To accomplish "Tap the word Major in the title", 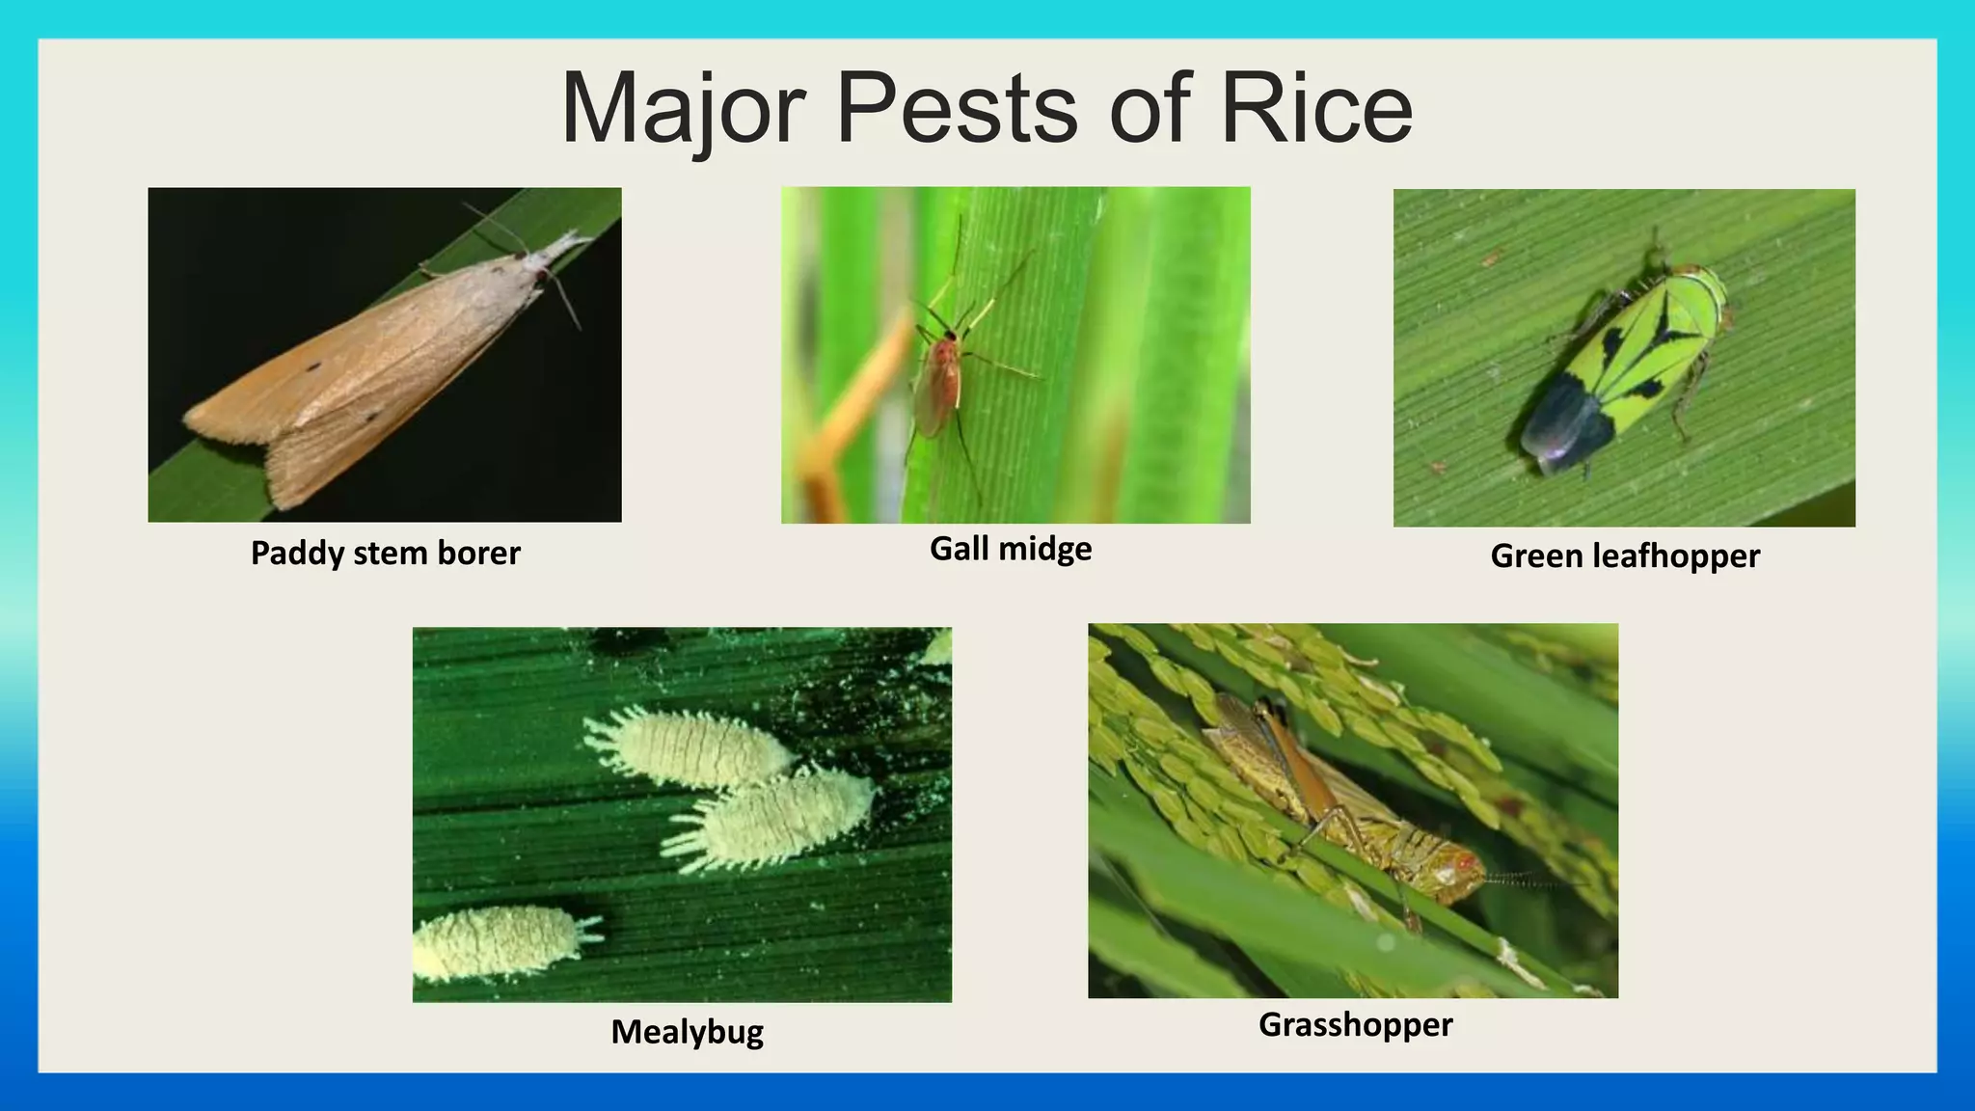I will [683, 108].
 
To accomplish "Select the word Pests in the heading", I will [957, 108].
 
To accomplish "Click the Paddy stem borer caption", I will [385, 554].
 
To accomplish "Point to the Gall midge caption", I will [1011, 549].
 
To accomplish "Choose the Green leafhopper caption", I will [1625, 556].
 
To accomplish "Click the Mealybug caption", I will [687, 1032].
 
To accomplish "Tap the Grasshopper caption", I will [1355, 1024].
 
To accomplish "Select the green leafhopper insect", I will [1630, 366].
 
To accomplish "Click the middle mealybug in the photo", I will [771, 820].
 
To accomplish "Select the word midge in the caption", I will [1045, 549].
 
